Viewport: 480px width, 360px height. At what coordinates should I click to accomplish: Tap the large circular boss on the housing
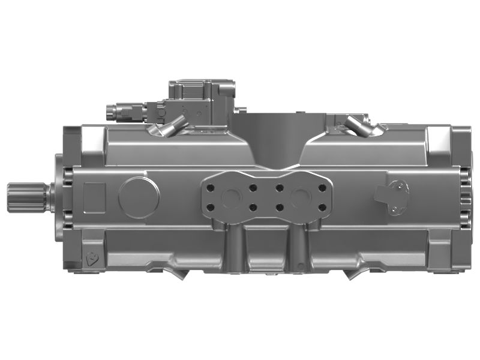139,196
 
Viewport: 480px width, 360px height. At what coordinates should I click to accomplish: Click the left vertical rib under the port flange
235,246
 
